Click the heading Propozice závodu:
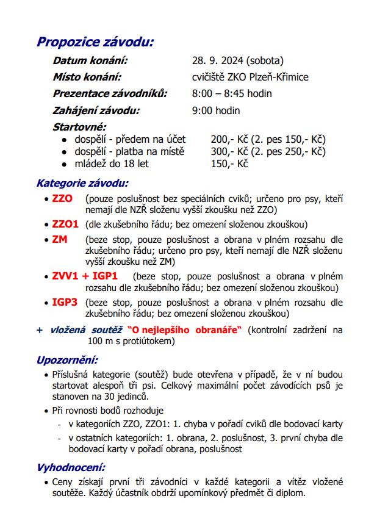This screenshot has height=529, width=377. click(x=95, y=42)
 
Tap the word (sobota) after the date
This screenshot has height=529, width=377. click(x=265, y=61)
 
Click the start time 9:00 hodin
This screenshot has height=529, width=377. click(x=216, y=110)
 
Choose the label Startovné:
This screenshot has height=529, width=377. click(x=79, y=127)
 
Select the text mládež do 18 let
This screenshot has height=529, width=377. click(x=112, y=164)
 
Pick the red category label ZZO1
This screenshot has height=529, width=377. click(x=65, y=224)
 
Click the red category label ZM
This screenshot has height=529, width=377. click(x=60, y=240)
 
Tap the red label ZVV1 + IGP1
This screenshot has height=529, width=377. click(x=85, y=276)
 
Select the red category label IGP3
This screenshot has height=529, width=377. click(x=65, y=303)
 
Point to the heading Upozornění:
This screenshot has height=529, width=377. click(x=67, y=360)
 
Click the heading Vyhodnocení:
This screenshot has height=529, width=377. click(x=71, y=467)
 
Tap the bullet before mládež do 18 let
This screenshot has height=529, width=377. click(x=64, y=164)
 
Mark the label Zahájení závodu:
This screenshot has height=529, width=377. click(x=96, y=110)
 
